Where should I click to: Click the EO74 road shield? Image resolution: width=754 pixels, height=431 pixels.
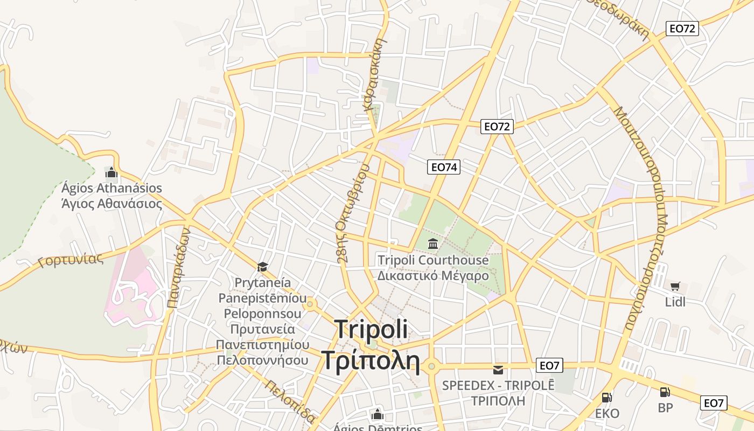444,167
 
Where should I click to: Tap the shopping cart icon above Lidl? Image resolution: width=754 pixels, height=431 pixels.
675,287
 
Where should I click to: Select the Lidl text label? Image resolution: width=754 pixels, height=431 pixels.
675,302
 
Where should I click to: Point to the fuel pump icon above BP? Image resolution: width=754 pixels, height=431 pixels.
665,392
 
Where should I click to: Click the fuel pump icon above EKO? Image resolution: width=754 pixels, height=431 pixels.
607,398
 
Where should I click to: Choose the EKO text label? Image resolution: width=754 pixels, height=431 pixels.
607,413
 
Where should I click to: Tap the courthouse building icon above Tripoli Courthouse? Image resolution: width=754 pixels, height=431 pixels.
433,244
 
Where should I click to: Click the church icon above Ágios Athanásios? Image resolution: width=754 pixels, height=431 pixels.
111,172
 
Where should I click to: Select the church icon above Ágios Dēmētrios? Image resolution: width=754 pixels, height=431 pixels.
378,414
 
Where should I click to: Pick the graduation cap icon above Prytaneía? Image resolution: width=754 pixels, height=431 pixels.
262,267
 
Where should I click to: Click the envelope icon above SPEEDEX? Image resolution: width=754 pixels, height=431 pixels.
498,370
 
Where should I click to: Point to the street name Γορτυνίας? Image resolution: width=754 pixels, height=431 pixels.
71,261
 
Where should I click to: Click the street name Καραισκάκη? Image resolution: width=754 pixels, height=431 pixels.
376,73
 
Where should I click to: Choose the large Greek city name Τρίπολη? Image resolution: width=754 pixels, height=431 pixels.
371,360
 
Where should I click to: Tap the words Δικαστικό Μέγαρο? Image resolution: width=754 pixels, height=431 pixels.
433,276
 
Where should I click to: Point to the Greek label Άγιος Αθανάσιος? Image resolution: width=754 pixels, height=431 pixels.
111,204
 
